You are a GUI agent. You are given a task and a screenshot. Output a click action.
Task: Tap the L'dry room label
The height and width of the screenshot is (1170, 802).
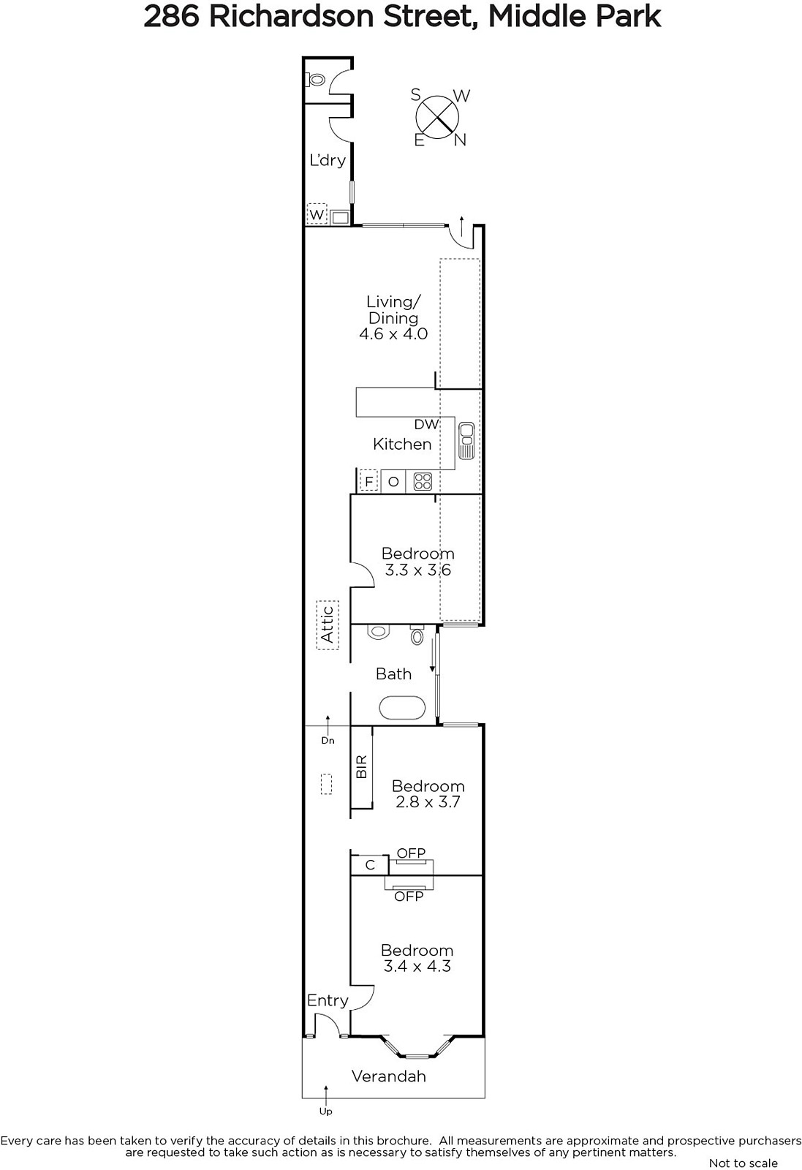click(x=328, y=160)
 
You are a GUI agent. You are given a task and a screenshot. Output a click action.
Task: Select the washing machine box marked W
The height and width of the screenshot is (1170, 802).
click(x=317, y=214)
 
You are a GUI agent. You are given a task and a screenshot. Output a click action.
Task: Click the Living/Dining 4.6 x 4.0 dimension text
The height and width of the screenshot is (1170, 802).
click(x=393, y=334)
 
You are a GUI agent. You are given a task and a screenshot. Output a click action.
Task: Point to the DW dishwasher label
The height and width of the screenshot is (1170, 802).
click(x=426, y=424)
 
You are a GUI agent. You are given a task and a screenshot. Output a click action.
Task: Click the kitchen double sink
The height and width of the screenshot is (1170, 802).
click(x=466, y=440)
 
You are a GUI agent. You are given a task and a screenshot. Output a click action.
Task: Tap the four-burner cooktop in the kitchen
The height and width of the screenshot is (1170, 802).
click(x=423, y=481)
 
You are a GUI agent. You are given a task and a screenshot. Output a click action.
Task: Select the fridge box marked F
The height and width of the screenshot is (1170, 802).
click(x=369, y=481)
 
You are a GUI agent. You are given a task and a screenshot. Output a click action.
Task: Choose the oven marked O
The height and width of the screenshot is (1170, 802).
click(x=393, y=481)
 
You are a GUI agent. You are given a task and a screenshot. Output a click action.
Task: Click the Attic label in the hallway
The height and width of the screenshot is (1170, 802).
click(x=328, y=624)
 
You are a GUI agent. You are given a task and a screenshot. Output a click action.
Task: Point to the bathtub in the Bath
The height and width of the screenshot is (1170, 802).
click(x=402, y=708)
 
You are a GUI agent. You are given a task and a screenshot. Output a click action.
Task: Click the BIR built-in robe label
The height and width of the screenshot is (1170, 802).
click(x=361, y=766)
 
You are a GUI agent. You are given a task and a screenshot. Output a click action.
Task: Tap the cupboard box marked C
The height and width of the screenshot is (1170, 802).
click(x=370, y=865)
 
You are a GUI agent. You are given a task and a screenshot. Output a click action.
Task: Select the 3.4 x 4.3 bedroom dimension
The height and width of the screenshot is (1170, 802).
click(x=417, y=966)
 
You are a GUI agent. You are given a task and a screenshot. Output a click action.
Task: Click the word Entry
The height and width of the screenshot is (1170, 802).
click(x=328, y=1000)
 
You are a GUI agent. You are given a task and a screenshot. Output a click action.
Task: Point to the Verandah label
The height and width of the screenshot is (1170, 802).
click(x=388, y=1076)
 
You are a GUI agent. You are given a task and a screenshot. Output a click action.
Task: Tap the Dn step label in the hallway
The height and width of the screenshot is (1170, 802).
click(x=328, y=740)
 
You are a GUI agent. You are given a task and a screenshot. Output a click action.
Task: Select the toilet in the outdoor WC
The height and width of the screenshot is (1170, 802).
click(x=317, y=80)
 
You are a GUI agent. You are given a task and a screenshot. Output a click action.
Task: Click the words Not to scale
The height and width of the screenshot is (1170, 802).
click(x=743, y=1163)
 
